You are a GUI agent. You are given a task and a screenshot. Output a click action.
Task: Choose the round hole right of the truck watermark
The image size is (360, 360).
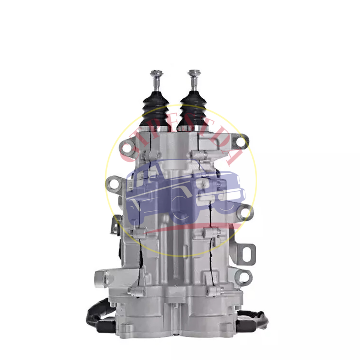tap(246, 213)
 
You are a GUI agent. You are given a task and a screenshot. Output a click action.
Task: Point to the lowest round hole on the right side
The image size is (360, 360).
tap(244, 277)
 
